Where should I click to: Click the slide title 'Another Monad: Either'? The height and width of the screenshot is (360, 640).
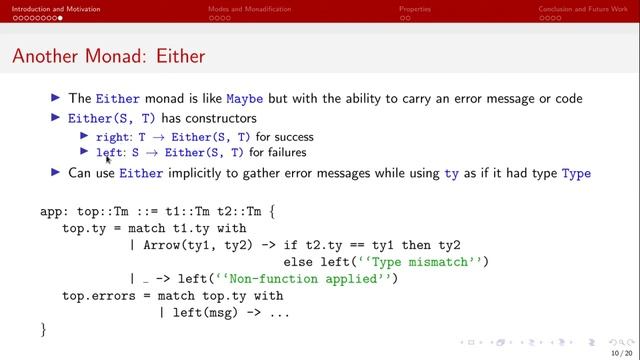[x=108, y=57]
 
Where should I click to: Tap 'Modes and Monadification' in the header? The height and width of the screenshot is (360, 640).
[x=249, y=8]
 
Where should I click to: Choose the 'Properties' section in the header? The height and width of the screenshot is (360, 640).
[x=415, y=8]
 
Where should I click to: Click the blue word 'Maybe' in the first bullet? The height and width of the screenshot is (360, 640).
[x=245, y=99]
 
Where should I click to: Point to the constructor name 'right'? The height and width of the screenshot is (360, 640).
[x=111, y=137]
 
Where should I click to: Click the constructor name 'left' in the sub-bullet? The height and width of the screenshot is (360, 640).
[x=108, y=153]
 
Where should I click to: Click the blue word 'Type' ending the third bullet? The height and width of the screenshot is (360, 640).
[x=576, y=173]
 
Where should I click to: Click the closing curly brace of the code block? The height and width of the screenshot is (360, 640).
[x=44, y=329]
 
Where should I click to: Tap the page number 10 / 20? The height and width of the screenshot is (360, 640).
[x=621, y=352]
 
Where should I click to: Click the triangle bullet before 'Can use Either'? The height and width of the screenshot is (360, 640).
[x=56, y=173]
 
